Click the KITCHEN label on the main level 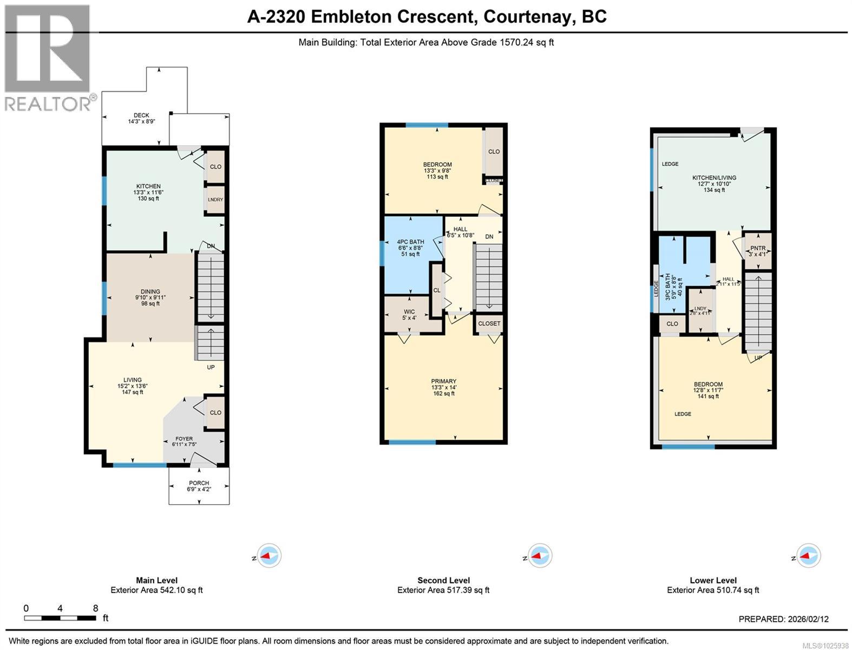(148, 186)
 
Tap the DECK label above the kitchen (141, 115)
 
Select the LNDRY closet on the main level (215, 200)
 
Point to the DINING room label (150, 292)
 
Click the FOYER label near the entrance (184, 439)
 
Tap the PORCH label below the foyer (199, 483)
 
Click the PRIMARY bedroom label (443, 381)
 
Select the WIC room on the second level (409, 312)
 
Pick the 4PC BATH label (410, 242)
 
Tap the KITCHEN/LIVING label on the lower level (714, 178)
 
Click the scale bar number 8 (95, 608)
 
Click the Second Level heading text (443, 580)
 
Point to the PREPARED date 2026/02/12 (807, 619)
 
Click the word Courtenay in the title (528, 17)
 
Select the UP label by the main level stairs (211, 367)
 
